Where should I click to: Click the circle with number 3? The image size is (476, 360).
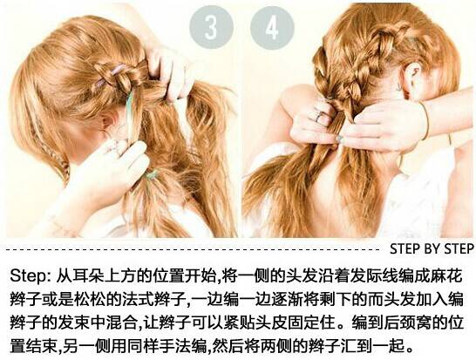212,27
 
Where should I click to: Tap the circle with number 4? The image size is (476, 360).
272,27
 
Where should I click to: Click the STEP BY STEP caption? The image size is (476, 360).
432,249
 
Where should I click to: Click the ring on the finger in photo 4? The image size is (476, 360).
319,115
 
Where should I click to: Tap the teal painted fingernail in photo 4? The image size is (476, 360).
340,139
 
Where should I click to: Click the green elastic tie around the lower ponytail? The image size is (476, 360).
152,175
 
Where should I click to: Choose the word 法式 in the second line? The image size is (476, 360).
138,300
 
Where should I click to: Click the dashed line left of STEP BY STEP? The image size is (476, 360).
193,249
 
